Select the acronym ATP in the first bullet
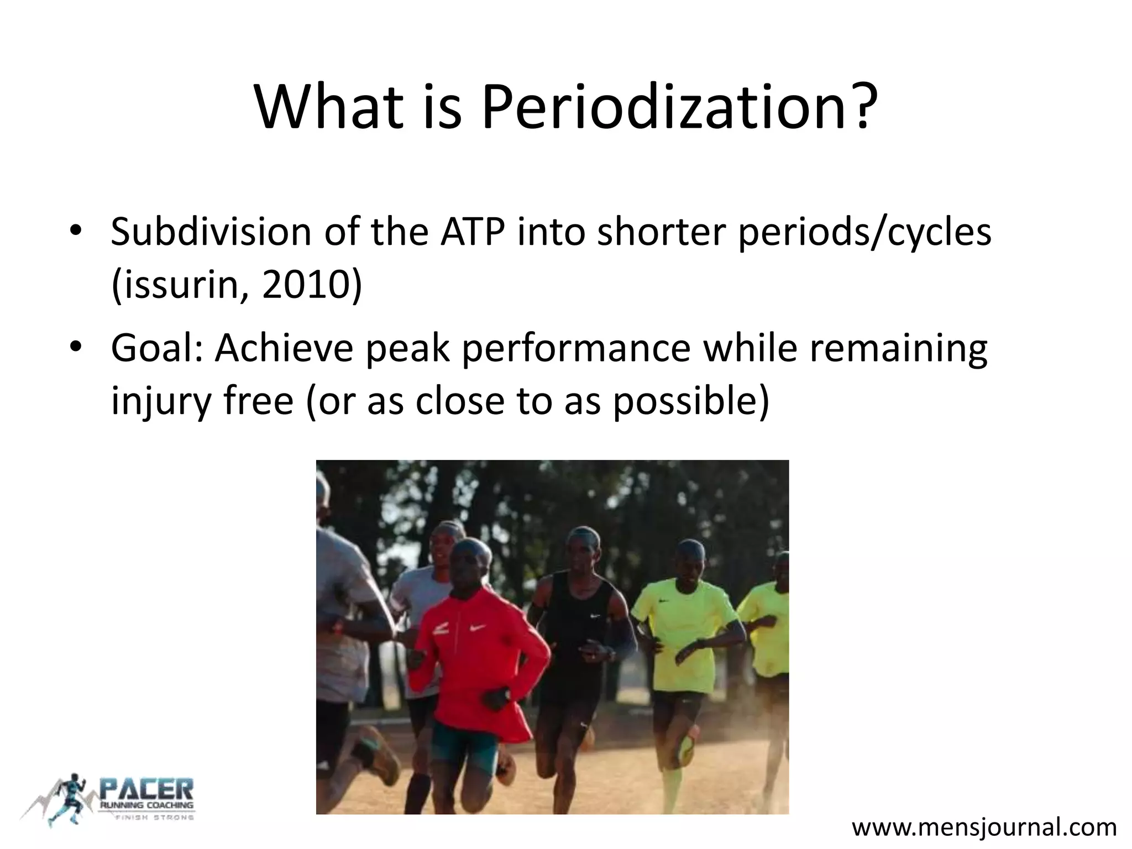tap(473, 232)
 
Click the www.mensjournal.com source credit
tap(984, 827)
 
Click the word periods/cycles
tap(865, 232)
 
